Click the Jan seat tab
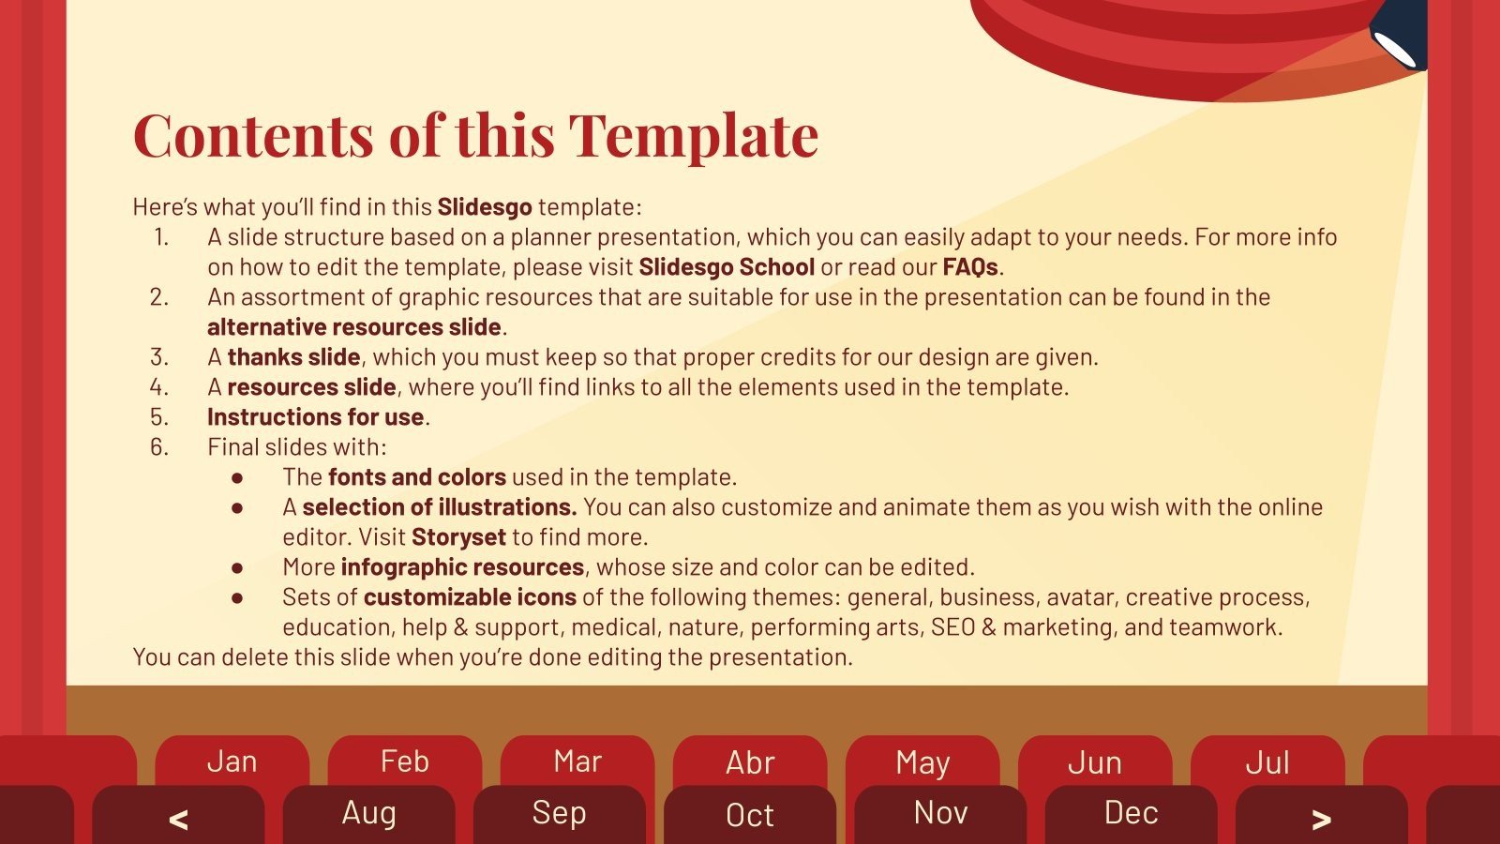tap(232, 761)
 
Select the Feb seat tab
tap(404, 761)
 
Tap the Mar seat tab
tap(577, 761)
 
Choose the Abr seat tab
tap(750, 761)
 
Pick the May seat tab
tap(922, 761)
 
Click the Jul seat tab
tap(1267, 761)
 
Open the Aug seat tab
tap(368, 813)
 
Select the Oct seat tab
tap(750, 815)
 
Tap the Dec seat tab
tap(1131, 813)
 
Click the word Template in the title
tap(694, 135)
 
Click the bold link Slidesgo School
tap(727, 267)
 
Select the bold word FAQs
tap(970, 267)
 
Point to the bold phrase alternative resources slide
tap(354, 327)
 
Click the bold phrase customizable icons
tap(470, 597)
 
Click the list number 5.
tap(159, 417)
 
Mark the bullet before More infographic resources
tap(237, 568)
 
